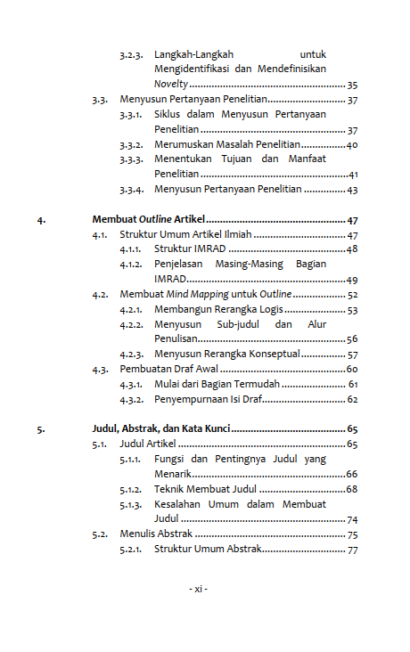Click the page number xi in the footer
198,590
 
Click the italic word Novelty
170,84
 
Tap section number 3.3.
100,100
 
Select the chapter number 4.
40,220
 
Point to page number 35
352,84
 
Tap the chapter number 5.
40,429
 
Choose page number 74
352,519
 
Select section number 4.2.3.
132,355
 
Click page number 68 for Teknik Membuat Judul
352,489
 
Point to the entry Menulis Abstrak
156,534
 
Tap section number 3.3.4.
132,190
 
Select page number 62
352,399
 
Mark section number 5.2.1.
132,550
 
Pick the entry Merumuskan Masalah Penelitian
226,145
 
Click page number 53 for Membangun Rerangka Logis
352,309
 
